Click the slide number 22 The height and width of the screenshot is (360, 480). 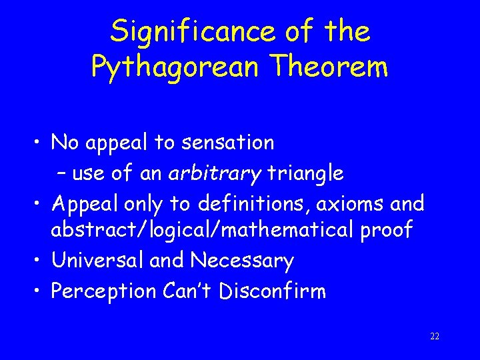[435, 336]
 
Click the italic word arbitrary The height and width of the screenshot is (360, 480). [215, 174]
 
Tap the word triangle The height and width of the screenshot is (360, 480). [305, 174]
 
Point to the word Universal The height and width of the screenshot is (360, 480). [98, 260]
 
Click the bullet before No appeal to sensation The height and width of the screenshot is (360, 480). [40, 143]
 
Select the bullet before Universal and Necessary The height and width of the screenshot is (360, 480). [40, 261]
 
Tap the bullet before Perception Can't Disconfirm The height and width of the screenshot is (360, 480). [40, 291]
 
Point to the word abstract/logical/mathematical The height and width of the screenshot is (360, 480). [205, 231]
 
